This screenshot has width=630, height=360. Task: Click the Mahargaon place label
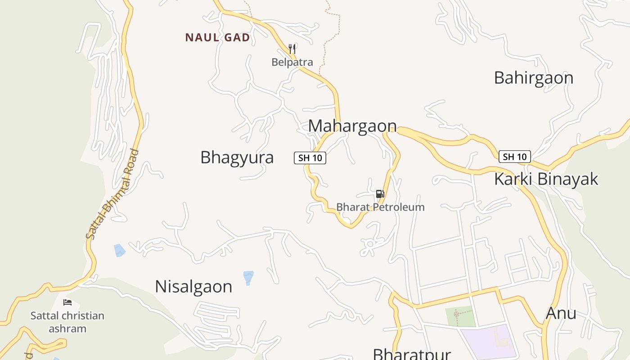click(352, 126)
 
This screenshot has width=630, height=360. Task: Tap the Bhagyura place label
click(237, 157)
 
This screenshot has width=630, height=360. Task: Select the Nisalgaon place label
click(193, 287)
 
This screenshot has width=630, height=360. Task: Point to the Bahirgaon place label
click(533, 78)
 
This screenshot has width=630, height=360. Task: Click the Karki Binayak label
click(546, 179)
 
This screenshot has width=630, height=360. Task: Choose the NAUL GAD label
click(217, 37)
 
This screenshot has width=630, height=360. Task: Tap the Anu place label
click(561, 313)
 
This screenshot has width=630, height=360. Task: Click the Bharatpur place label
click(411, 354)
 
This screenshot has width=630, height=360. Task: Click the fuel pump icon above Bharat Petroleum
click(380, 194)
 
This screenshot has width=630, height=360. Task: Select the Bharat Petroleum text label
click(380, 207)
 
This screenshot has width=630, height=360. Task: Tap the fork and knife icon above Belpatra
click(292, 49)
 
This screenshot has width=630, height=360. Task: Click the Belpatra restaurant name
click(292, 62)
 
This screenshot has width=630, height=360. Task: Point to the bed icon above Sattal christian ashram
click(67, 302)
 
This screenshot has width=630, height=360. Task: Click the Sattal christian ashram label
click(67, 322)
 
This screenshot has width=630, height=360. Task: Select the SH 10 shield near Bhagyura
click(310, 158)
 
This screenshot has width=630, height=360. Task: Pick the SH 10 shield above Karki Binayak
click(515, 157)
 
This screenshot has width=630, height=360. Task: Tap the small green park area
click(460, 316)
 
